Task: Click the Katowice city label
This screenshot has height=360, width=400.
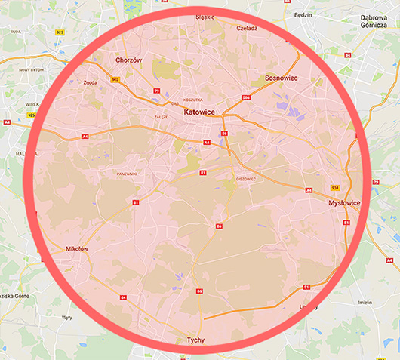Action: (x=200, y=112)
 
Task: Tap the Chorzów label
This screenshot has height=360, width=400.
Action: (x=128, y=60)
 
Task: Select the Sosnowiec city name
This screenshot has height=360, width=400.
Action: (x=285, y=78)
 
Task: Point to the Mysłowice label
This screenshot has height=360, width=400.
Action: (x=344, y=203)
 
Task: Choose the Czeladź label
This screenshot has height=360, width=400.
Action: (x=247, y=28)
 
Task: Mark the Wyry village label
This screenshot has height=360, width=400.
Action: (x=66, y=318)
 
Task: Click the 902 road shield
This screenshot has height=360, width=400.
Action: (x=115, y=78)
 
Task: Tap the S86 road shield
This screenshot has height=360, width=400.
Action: (x=246, y=97)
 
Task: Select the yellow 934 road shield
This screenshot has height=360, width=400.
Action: (x=334, y=187)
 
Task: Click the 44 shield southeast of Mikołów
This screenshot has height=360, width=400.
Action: (x=123, y=297)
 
